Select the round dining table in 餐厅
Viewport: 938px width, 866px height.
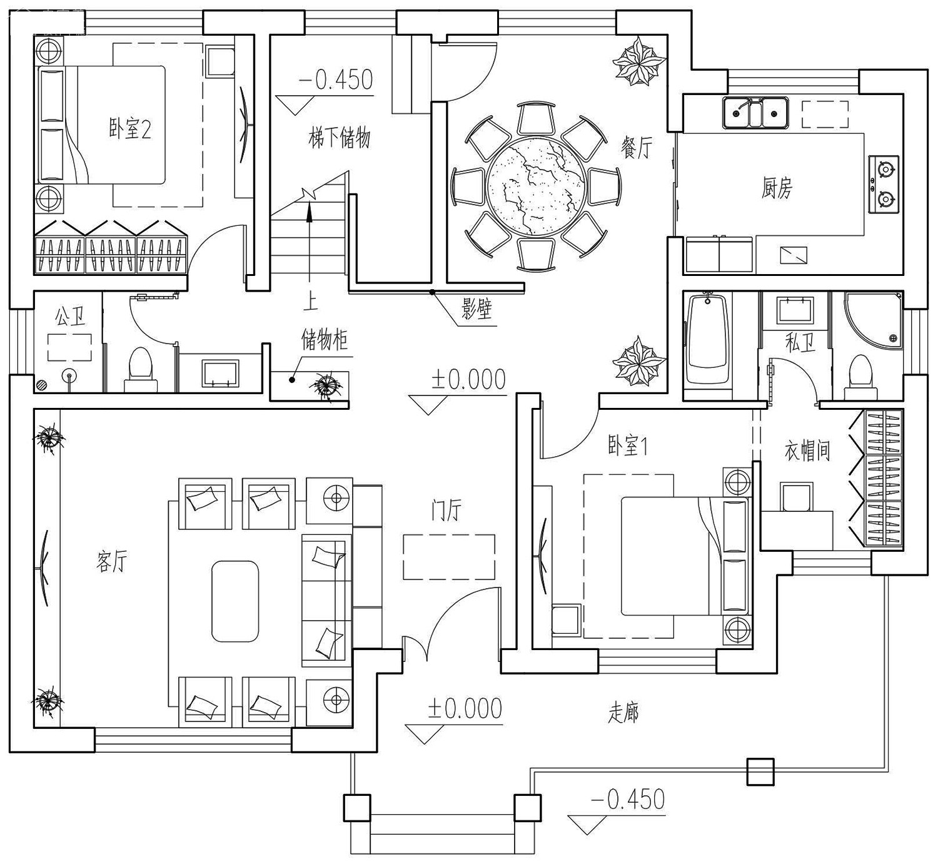click(x=537, y=186)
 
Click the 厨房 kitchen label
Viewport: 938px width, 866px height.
click(x=777, y=188)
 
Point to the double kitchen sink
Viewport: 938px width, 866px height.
click(x=755, y=112)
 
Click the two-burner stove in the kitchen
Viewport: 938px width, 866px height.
click(x=884, y=184)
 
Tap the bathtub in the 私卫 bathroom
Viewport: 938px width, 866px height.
click(x=707, y=342)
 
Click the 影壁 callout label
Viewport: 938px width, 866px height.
click(x=477, y=309)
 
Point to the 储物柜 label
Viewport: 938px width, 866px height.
click(x=325, y=341)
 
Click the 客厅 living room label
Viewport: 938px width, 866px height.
click(x=112, y=561)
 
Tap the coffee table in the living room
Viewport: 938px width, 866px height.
click(x=235, y=601)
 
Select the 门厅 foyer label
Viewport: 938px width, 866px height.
click(x=446, y=511)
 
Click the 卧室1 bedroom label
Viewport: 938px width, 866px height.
click(x=627, y=446)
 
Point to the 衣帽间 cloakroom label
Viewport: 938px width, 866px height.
click(x=807, y=451)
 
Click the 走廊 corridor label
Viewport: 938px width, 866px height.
click(x=623, y=713)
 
